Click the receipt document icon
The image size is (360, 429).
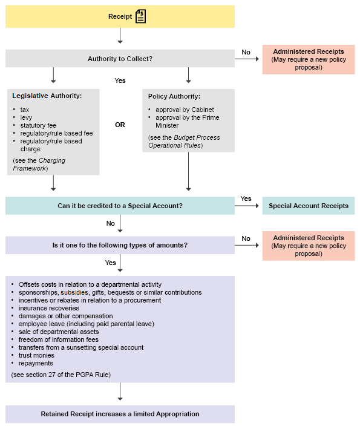140,16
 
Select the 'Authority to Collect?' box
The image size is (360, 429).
120,59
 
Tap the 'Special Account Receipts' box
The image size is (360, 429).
309,206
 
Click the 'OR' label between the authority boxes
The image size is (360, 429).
120,125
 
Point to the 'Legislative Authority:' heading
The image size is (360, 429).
47,96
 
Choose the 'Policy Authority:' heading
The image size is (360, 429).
174,96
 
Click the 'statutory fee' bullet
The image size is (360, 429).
38,125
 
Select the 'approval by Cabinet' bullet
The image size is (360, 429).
185,110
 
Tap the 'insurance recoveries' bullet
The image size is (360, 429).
48,308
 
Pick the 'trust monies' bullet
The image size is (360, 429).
36,355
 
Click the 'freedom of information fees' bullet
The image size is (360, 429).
59,339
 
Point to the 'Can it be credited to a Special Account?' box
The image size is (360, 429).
120,206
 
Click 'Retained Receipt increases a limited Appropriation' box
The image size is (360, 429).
120,414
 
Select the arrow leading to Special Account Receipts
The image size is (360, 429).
247,206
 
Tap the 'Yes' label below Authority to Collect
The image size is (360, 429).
120,80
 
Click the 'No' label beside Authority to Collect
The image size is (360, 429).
246,52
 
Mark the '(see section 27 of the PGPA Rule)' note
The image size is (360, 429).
61,375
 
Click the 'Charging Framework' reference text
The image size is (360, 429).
39,165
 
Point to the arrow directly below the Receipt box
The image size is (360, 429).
120,36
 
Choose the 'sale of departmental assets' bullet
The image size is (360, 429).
59,332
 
